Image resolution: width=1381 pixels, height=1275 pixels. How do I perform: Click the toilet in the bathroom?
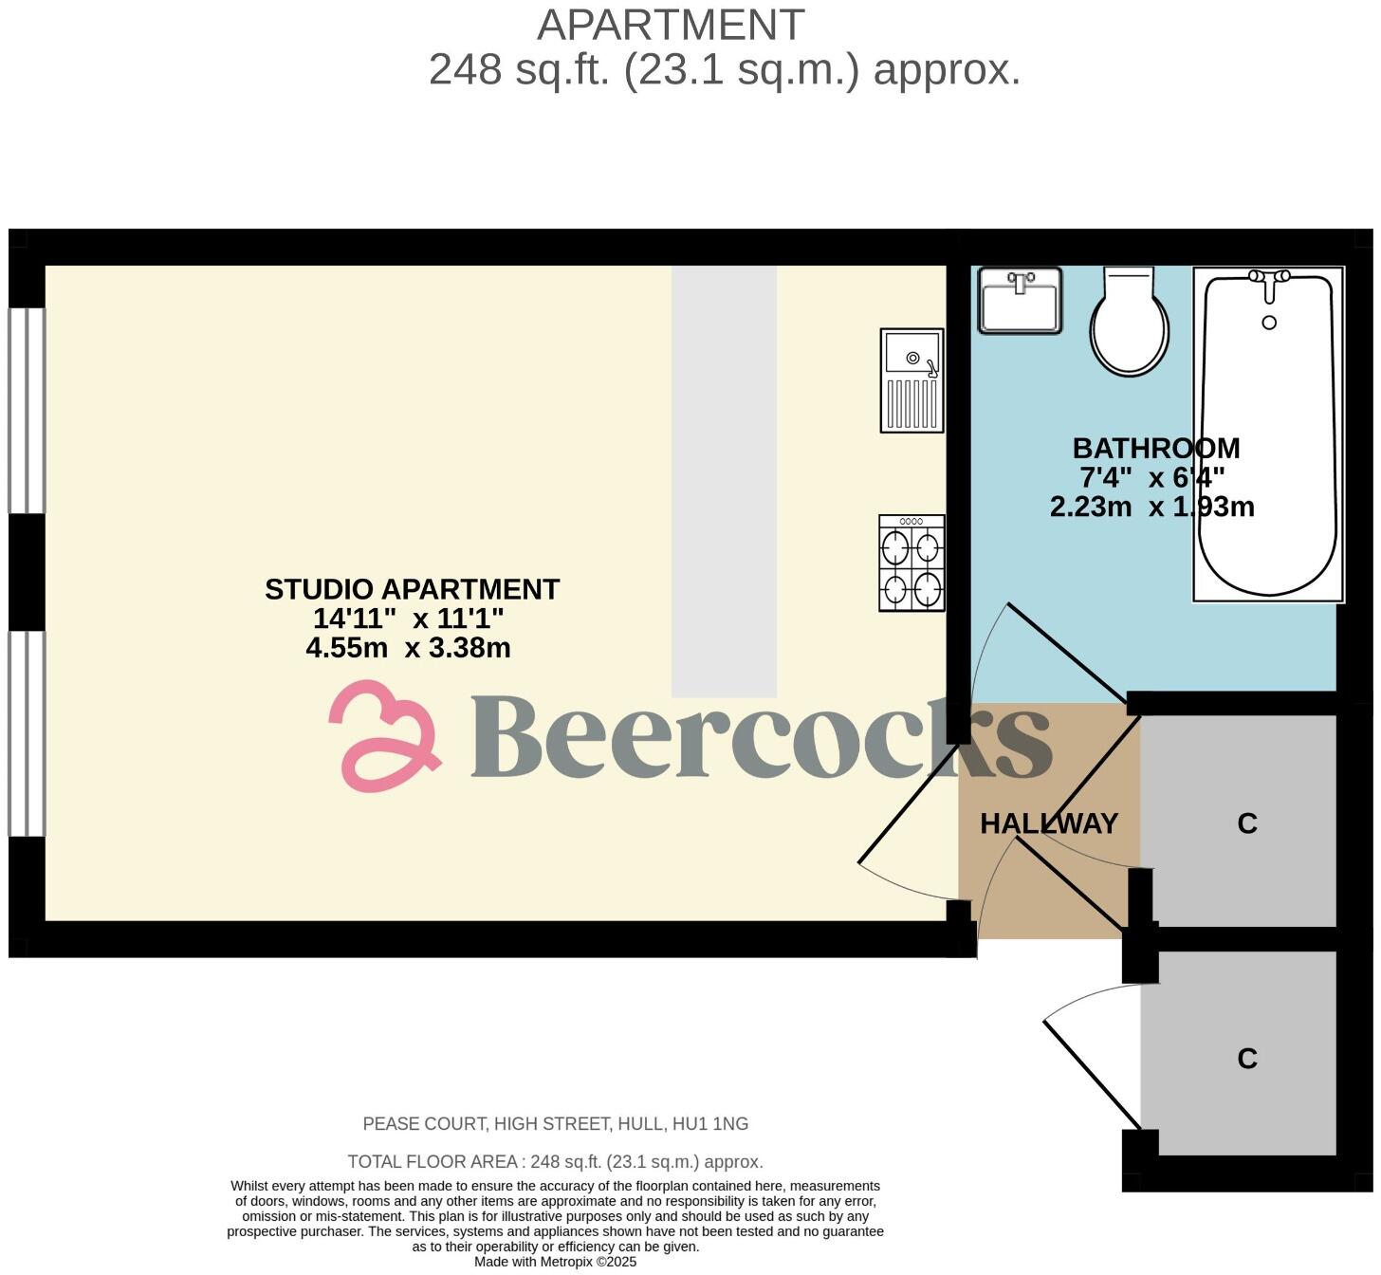tap(1128, 323)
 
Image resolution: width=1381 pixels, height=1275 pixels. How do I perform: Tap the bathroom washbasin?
tap(1020, 300)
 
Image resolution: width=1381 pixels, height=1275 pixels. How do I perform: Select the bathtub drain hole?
tap(1269, 323)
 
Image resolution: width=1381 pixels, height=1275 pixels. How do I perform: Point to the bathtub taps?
tap(1269, 277)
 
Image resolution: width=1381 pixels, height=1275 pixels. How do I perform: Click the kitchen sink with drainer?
tap(911, 380)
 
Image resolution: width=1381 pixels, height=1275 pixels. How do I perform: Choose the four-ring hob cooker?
tap(911, 564)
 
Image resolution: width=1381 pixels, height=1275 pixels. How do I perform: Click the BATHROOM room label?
tap(1155, 448)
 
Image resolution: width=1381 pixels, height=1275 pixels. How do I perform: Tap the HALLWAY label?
tap(1049, 823)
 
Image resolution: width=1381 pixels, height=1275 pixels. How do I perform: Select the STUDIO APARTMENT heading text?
tap(412, 589)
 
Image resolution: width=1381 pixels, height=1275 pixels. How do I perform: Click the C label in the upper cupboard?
tap(1246, 823)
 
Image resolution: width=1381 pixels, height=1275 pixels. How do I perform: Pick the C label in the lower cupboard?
tap(1246, 1058)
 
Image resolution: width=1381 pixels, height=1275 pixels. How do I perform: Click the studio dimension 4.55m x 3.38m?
tap(408, 648)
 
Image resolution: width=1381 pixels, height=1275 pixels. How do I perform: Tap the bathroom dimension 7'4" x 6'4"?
tap(1151, 477)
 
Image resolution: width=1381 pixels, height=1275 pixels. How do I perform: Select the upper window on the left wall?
tap(27, 411)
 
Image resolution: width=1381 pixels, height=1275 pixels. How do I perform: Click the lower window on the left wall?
tap(27, 733)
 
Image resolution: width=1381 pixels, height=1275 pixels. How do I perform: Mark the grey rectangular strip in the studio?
tap(724, 482)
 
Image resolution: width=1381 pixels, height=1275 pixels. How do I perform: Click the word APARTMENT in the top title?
tap(671, 26)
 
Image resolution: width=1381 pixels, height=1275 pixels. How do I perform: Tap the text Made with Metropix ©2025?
tap(555, 1262)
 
